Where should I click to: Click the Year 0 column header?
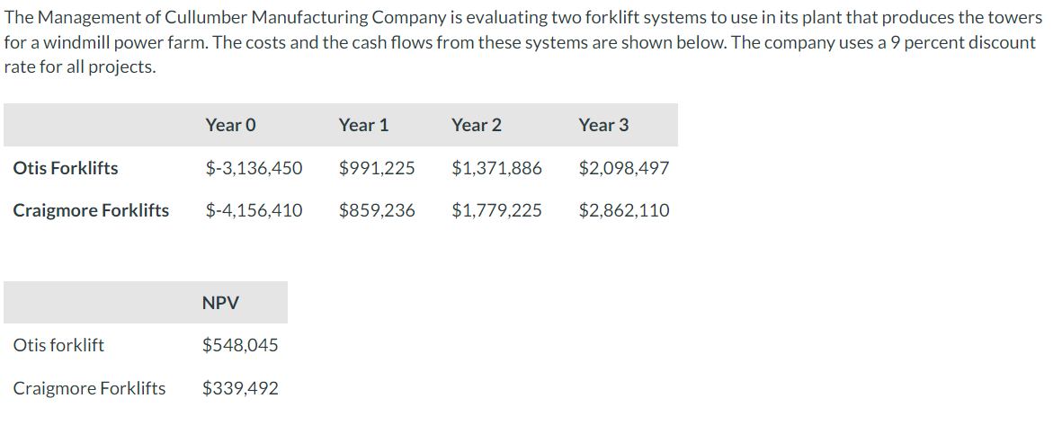tap(230, 125)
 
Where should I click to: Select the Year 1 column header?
tap(363, 125)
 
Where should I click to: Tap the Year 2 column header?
tap(477, 125)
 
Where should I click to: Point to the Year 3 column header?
tap(603, 125)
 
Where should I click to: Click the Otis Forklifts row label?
tap(66, 168)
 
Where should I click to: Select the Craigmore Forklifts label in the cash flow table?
tap(91, 210)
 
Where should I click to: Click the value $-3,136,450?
tap(254, 168)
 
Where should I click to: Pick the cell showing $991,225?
tap(377, 168)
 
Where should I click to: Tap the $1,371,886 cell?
tap(496, 168)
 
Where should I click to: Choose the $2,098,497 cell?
tap(624, 168)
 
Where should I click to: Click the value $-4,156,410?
tap(254, 210)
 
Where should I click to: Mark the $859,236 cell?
tap(377, 210)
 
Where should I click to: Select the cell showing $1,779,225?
tap(496, 210)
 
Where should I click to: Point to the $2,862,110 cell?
tap(624, 210)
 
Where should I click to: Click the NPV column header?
tap(221, 303)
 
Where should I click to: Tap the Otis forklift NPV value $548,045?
tap(240, 345)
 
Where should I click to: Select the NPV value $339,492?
tap(240, 388)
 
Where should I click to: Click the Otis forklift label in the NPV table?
tap(58, 345)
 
